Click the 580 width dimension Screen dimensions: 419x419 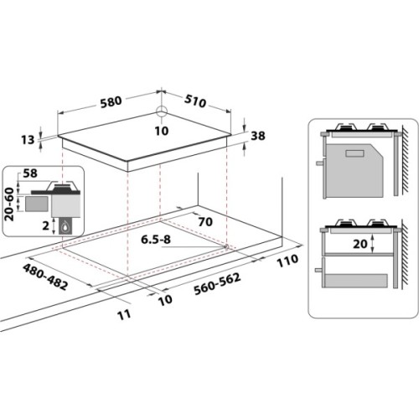[x=111, y=101]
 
